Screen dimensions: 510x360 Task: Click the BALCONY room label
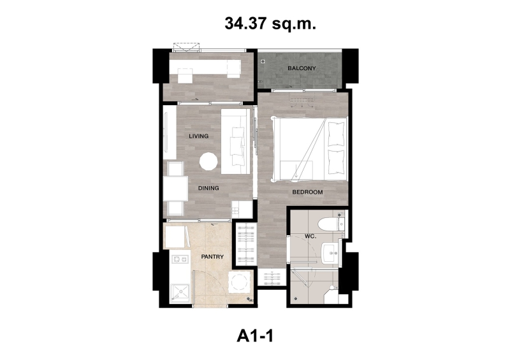click(x=302, y=68)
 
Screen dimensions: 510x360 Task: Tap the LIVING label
click(x=199, y=136)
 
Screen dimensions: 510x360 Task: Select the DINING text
click(x=208, y=188)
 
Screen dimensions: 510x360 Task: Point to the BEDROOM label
click(x=307, y=192)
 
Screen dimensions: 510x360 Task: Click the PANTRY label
click(x=212, y=257)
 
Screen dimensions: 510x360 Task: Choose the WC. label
click(x=310, y=236)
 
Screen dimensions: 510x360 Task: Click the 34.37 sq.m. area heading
click(x=270, y=24)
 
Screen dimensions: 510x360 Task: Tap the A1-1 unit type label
click(x=255, y=336)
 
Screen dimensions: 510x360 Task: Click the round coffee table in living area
click(x=208, y=162)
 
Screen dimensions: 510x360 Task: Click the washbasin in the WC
click(x=330, y=252)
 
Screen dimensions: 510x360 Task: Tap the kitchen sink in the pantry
click(x=180, y=293)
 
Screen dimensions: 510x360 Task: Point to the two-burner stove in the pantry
click(x=180, y=259)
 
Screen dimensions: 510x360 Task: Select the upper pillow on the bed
click(x=337, y=134)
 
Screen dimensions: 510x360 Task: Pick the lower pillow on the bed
click(x=337, y=162)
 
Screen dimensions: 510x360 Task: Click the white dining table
click(x=176, y=189)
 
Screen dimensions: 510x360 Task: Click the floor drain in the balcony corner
click(x=263, y=61)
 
